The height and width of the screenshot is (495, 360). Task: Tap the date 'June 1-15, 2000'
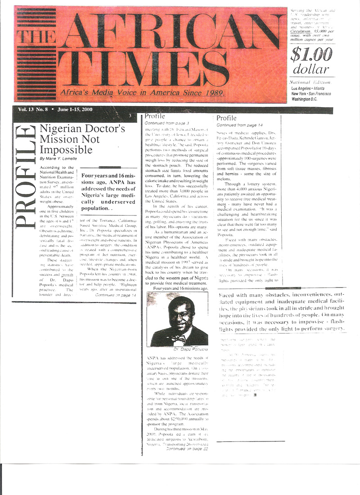click(x=72, y=109)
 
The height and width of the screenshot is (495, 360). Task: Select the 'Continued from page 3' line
click(x=162, y=122)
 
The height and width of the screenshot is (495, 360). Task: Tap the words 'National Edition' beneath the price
click(x=310, y=82)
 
